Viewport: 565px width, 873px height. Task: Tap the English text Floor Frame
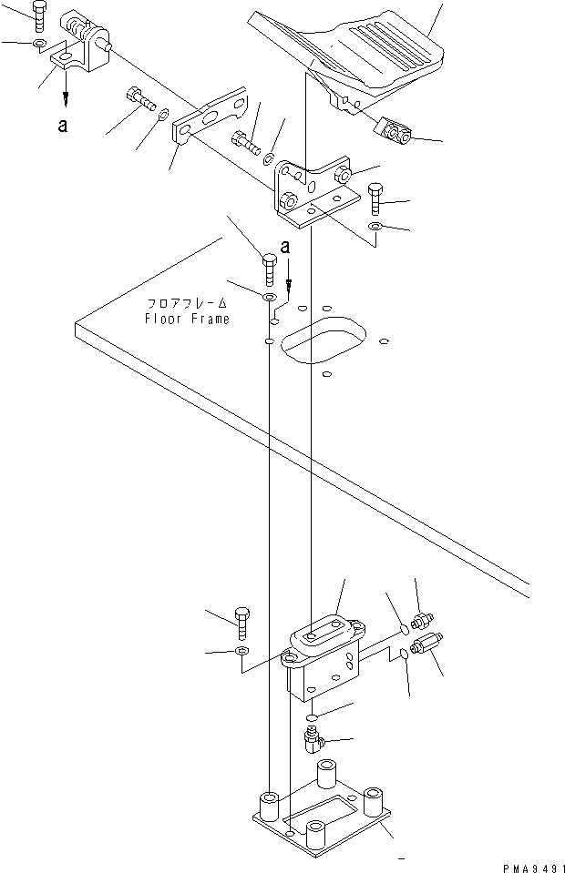pyautogui.click(x=188, y=319)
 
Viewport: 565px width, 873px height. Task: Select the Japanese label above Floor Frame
pyautogui.click(x=188, y=304)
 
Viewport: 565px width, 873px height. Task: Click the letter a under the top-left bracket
pyautogui.click(x=62, y=126)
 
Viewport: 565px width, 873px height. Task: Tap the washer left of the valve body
pyautogui.click(x=241, y=653)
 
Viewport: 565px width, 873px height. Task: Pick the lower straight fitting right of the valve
pyautogui.click(x=426, y=648)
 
